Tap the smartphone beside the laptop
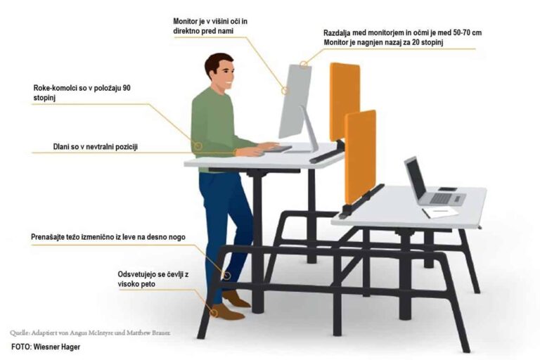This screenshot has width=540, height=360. point(448,189)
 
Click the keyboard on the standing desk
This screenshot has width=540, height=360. point(278,149)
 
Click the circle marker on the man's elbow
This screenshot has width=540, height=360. point(198,146)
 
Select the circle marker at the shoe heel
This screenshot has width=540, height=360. point(214,312)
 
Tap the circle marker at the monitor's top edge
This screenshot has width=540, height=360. point(304,64)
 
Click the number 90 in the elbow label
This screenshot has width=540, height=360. point(127,88)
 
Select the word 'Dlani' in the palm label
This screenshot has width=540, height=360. point(61,147)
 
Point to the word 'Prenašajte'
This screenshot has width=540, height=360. point(48,237)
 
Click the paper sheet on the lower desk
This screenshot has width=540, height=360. point(440,212)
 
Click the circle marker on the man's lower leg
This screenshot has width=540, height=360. point(226,275)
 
